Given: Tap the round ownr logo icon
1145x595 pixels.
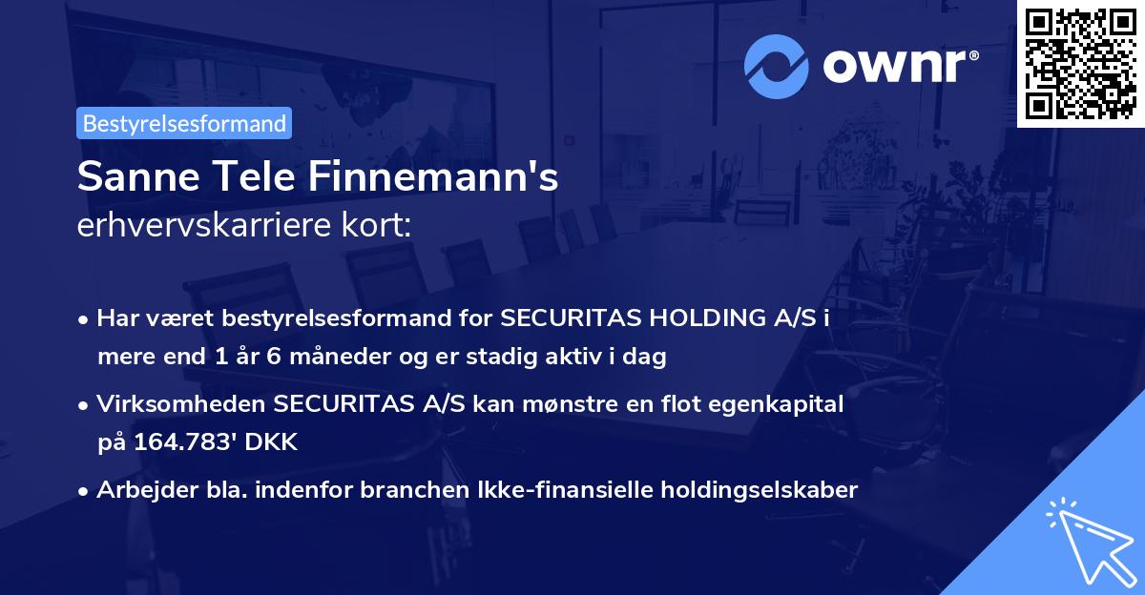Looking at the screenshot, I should pyautogui.click(x=776, y=67).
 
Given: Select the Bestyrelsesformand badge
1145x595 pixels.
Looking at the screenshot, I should pyautogui.click(x=184, y=123).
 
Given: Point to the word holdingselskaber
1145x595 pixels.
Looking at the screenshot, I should pyautogui.click(x=756, y=490).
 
